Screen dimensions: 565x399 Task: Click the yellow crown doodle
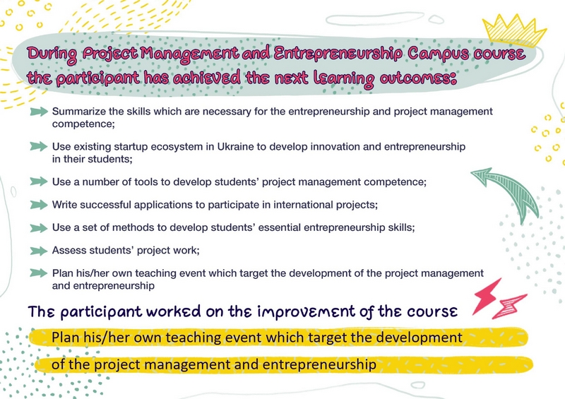[515, 30]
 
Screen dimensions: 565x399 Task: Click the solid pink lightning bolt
[487, 295]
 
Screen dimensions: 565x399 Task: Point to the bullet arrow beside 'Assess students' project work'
[39, 251]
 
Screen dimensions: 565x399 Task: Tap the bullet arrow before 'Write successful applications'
[39, 205]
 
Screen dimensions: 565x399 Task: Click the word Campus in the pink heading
[437, 54]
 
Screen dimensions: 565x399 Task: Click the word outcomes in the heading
[418, 78]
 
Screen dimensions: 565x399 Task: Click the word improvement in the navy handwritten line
[307, 312]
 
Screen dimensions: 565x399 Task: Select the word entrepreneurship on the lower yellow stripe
[319, 364]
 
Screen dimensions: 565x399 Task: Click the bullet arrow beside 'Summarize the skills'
[39, 112]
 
